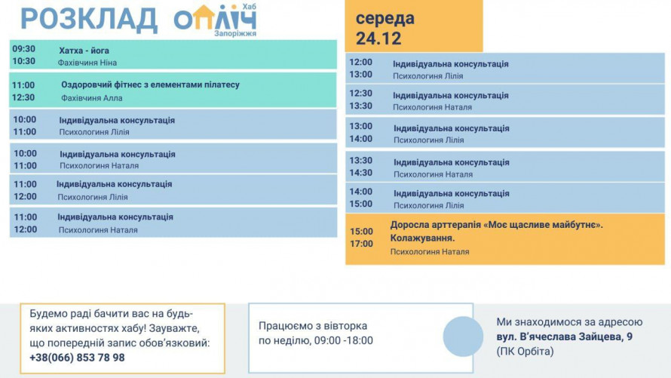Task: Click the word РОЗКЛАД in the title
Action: pos(89,19)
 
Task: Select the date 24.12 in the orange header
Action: pos(379,38)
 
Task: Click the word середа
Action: pos(385,18)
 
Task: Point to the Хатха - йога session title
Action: pos(84,51)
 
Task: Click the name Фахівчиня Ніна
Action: pos(87,63)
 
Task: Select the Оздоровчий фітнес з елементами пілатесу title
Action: pos(150,85)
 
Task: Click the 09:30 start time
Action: pos(24,49)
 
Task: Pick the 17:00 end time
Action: pos(361,244)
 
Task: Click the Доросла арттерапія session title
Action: pos(496,225)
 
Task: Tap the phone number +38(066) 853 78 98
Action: pos(77,358)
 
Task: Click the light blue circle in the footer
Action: pos(463,337)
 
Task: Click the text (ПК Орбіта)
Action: pos(525,352)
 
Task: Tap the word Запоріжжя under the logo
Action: pos(235,34)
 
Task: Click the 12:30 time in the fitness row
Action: pos(24,97)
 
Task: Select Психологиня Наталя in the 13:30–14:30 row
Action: pos(433,174)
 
